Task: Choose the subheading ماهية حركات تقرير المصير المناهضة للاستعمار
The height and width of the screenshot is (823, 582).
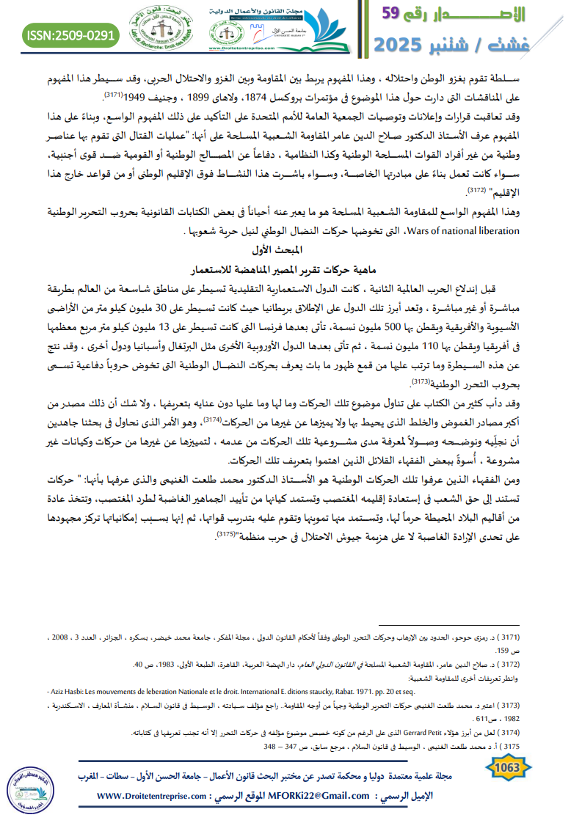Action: click(x=291, y=268)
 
